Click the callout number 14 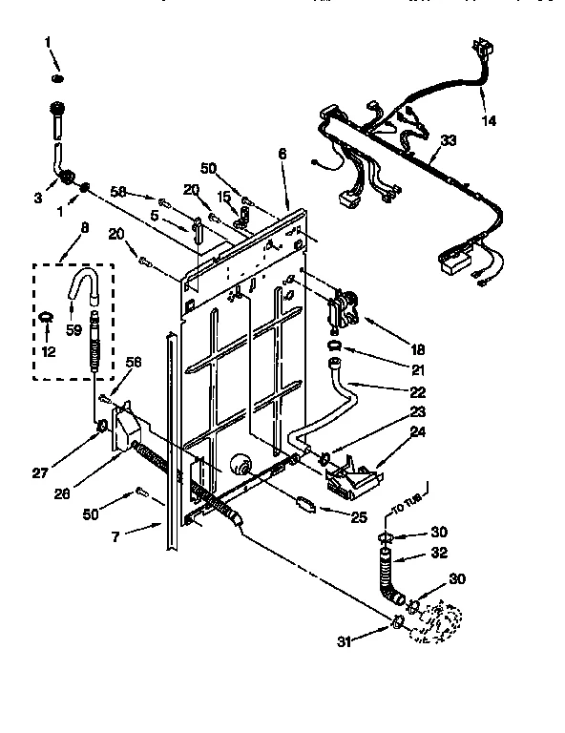[489, 121]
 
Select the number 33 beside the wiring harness [448, 140]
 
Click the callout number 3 [37, 198]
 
